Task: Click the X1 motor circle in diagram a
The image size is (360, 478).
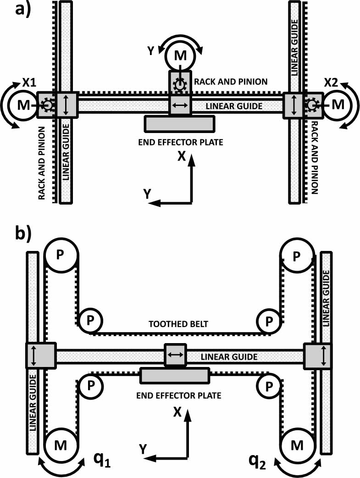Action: (x=21, y=105)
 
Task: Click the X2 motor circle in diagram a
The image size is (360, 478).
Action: (x=338, y=105)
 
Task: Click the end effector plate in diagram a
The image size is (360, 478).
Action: (x=180, y=123)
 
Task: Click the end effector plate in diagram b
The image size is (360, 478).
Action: (x=174, y=376)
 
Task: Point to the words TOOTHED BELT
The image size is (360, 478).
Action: (x=179, y=324)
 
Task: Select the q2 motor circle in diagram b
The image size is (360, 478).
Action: (x=297, y=444)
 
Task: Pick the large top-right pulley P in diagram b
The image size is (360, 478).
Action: (x=297, y=255)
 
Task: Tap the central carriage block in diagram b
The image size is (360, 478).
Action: (x=176, y=355)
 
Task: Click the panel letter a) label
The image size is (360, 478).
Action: (x=21, y=10)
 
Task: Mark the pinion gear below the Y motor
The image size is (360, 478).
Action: (x=180, y=85)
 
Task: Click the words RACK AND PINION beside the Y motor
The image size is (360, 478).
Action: (x=231, y=82)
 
